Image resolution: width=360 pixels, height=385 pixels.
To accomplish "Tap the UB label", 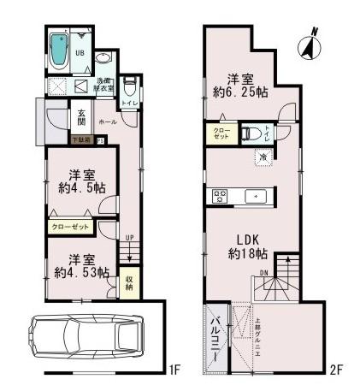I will (80, 51).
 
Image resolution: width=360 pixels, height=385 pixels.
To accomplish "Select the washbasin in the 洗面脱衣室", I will (103, 58).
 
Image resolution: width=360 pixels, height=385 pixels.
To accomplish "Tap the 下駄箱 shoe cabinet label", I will (80, 140).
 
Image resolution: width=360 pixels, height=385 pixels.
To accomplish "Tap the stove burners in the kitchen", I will (218, 196).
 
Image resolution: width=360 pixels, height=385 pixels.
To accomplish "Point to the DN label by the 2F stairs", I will (264, 274).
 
